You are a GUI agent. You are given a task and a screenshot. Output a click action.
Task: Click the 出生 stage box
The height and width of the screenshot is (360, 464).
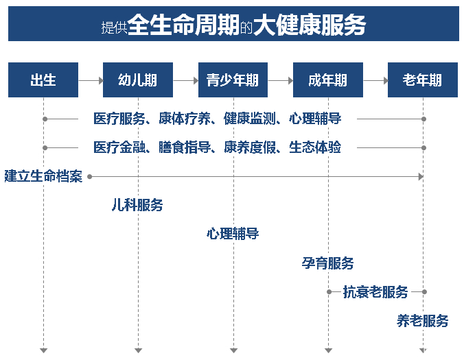[x=43, y=80]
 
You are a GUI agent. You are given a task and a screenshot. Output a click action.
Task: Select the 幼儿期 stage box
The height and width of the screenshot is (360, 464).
[x=138, y=80]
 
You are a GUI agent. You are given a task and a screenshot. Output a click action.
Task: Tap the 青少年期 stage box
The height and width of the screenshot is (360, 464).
[x=233, y=80]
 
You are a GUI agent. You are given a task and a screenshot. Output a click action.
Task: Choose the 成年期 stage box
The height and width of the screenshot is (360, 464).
[x=328, y=80]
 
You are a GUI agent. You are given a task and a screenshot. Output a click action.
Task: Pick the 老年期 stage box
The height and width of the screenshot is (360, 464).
[x=423, y=80]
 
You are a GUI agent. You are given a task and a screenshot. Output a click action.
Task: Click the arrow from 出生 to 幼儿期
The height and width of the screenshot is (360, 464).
[x=91, y=80]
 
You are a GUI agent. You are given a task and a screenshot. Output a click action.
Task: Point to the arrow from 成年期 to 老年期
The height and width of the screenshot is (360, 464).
[x=375, y=80]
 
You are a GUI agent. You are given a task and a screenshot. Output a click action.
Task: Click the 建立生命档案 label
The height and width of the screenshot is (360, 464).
[x=43, y=176]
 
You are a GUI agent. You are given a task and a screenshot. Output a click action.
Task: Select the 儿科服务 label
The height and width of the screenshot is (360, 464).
[x=137, y=205]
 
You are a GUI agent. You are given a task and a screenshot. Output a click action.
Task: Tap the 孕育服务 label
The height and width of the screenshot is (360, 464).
[x=327, y=263]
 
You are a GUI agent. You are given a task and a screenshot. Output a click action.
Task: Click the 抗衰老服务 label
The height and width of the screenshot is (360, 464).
[x=375, y=292]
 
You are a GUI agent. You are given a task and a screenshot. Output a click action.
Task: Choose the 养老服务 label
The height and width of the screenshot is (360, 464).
[x=422, y=321]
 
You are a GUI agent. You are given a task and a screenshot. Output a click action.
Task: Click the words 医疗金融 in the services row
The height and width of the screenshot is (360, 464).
[x=119, y=147]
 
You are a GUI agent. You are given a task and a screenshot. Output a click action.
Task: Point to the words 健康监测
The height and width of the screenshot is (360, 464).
[x=249, y=119]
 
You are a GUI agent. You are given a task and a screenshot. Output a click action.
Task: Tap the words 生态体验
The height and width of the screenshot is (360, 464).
[x=315, y=147]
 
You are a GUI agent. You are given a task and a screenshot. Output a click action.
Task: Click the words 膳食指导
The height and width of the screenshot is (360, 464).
[x=185, y=147]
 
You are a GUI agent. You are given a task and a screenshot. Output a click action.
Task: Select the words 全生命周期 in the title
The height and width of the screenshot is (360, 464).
[x=183, y=25]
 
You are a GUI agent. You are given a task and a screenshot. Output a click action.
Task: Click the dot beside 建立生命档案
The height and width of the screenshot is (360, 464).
[x=90, y=177]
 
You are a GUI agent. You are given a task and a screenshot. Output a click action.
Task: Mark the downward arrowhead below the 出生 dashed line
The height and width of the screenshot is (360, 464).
[x=43, y=350]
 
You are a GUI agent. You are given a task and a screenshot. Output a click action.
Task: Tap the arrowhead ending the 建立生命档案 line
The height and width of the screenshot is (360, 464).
[x=421, y=177]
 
